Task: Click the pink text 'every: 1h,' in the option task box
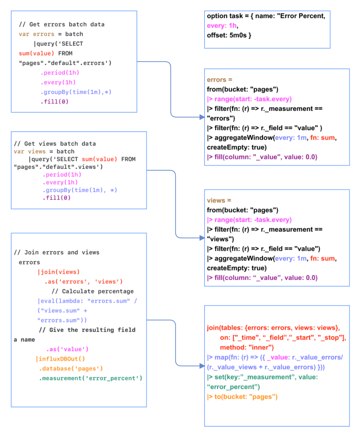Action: (x=223, y=26)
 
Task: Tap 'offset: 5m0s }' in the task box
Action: (x=229, y=35)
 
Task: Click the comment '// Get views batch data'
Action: (x=55, y=144)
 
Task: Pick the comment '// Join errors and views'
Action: (x=57, y=252)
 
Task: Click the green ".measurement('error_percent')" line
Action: (x=90, y=378)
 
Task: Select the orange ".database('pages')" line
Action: (x=71, y=369)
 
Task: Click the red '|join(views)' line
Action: (x=59, y=272)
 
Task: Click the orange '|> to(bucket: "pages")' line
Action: (x=242, y=396)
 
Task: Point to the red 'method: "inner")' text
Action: (x=247, y=347)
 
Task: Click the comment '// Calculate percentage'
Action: (x=93, y=291)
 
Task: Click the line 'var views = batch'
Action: (x=44, y=151)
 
